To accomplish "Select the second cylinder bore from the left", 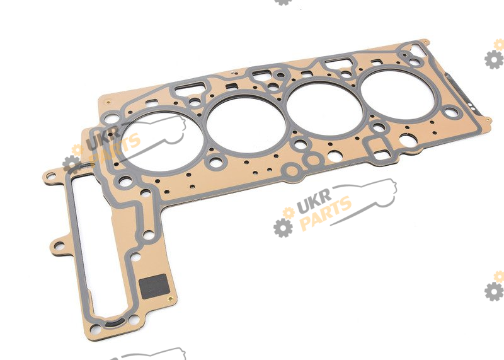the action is (x=246, y=124).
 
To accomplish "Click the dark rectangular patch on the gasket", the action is (x=154, y=286).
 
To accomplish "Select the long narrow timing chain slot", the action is (x=93, y=248).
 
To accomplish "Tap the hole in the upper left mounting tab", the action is (x=51, y=176).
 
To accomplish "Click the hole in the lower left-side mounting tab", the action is (x=59, y=246).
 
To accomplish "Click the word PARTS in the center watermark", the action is (x=325, y=213).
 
